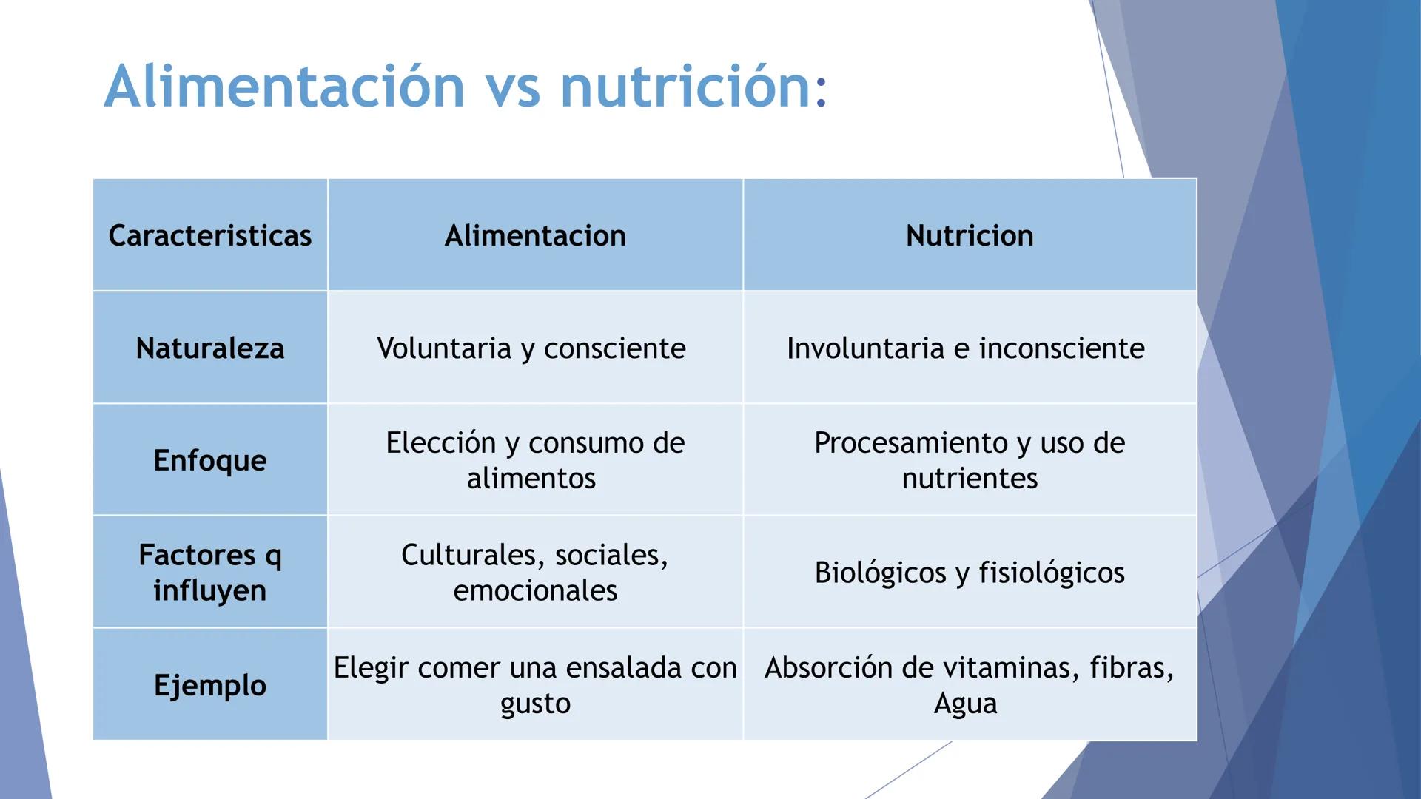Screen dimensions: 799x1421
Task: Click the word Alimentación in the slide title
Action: click(x=284, y=87)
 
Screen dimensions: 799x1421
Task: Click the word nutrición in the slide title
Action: click(x=685, y=87)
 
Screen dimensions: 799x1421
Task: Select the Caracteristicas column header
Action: click(x=210, y=235)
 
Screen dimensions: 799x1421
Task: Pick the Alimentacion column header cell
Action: click(x=535, y=235)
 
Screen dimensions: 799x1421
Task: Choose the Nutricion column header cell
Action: click(x=970, y=235)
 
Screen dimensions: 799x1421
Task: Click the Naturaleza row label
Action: click(x=210, y=348)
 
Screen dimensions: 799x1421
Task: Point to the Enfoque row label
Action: click(x=210, y=460)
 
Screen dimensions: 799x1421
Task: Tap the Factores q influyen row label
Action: click(x=210, y=572)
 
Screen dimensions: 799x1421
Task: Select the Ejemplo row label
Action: click(x=210, y=685)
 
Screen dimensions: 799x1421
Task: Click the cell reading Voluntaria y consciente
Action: click(x=531, y=348)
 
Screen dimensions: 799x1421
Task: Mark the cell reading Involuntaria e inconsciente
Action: click(x=966, y=348)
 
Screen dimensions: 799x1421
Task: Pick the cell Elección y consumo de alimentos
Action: click(x=535, y=460)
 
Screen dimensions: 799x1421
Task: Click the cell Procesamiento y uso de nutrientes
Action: click(x=970, y=460)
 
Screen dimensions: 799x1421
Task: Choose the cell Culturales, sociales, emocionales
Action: click(x=535, y=572)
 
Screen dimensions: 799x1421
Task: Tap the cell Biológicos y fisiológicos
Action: click(x=970, y=572)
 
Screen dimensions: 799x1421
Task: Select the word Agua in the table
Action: click(x=965, y=703)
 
